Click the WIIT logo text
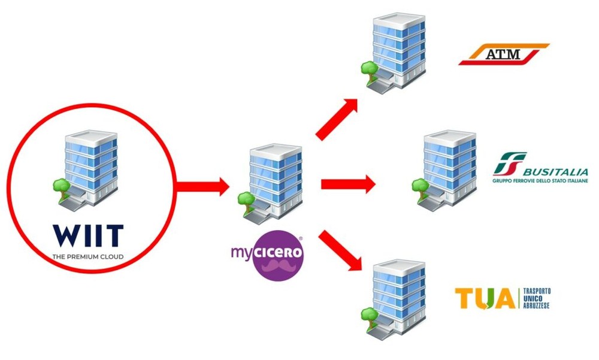click(x=88, y=235)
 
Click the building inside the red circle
click(x=88, y=170)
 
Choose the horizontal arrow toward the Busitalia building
click(x=347, y=184)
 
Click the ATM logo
click(x=503, y=55)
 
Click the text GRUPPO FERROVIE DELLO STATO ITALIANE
click(x=540, y=181)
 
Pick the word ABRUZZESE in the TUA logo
click(x=537, y=305)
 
